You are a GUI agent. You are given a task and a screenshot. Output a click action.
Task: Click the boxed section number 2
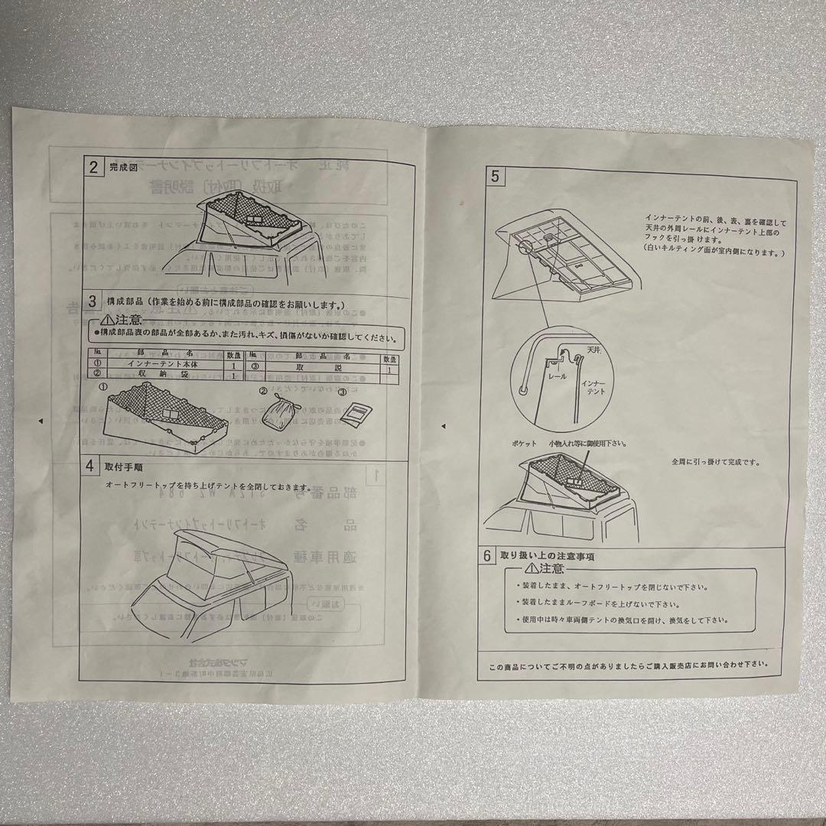pos(93,167)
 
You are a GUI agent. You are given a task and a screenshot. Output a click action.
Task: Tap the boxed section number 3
pos(93,302)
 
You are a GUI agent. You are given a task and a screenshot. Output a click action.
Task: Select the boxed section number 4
pos(91,465)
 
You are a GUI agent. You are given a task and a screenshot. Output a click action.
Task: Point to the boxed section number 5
pos(495,177)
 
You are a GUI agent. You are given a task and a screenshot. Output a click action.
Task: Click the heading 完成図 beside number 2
pos(122,167)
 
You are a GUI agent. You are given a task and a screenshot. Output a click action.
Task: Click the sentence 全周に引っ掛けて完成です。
pos(715,462)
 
